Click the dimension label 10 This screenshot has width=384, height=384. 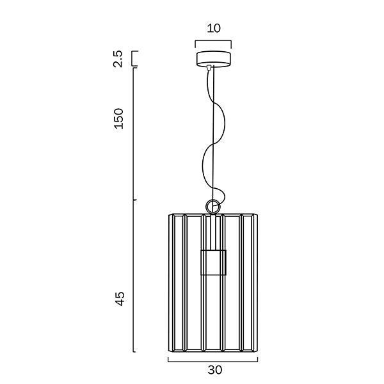(x=214, y=28)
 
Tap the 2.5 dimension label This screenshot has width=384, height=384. (x=118, y=59)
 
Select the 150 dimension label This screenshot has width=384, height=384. (x=119, y=118)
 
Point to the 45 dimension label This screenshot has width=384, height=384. (x=120, y=298)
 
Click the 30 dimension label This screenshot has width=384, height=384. (x=215, y=370)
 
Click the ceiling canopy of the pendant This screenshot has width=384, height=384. (x=213, y=59)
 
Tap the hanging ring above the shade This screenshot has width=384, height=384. (x=213, y=206)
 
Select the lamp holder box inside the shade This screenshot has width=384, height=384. (x=213, y=262)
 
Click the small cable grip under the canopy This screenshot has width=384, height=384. (x=209, y=67)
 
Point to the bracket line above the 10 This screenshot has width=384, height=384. (x=213, y=41)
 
